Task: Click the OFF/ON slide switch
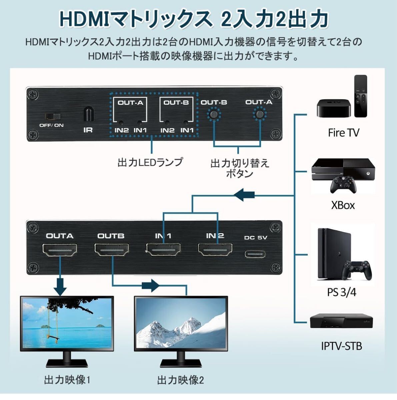(53, 116)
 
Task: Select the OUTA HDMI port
(60, 250)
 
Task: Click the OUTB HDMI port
(112, 250)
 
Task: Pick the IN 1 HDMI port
(163, 250)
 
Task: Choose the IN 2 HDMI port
(215, 250)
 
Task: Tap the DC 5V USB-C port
(255, 254)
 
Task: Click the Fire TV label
(343, 133)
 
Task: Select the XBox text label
(343, 205)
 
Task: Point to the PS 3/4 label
(342, 292)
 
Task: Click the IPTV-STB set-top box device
(341, 321)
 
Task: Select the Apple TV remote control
(360, 96)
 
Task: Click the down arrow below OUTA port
(60, 287)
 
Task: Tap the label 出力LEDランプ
(150, 162)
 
